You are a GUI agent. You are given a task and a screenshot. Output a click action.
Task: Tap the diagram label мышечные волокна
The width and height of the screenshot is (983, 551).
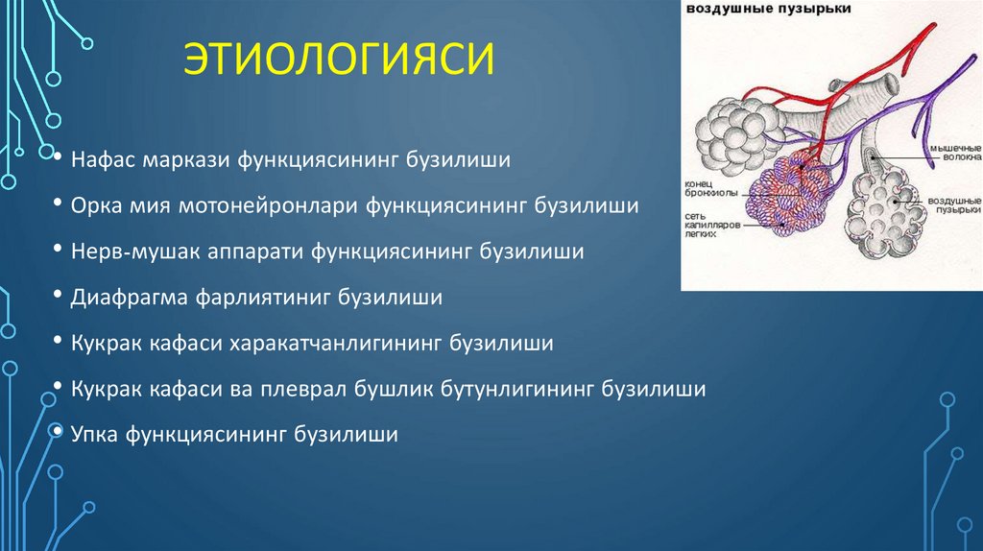click(950, 155)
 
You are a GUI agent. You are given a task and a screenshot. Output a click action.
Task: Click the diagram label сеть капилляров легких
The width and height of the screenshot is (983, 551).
click(715, 225)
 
